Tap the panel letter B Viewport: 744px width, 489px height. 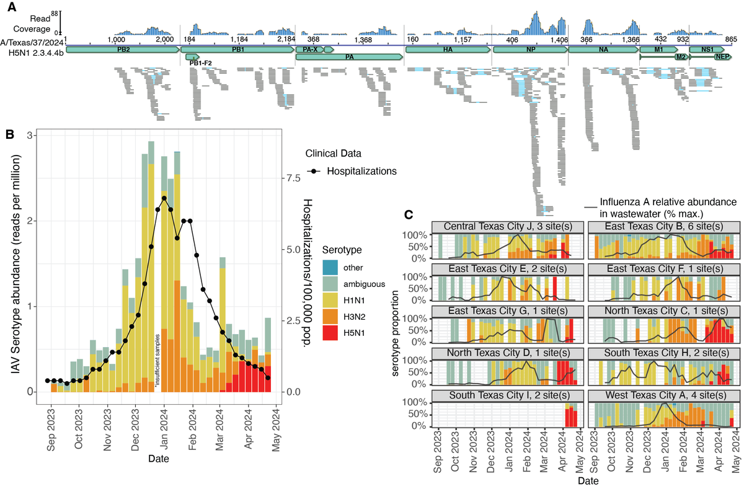(x=9, y=134)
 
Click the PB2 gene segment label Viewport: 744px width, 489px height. (x=123, y=48)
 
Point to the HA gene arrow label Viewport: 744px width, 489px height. (x=448, y=48)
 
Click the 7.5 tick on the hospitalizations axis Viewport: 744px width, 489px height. (x=295, y=178)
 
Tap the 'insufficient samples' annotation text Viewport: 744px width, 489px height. (x=158, y=360)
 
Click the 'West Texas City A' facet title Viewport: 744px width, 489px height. (x=662, y=396)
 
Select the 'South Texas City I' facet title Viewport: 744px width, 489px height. (x=507, y=396)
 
